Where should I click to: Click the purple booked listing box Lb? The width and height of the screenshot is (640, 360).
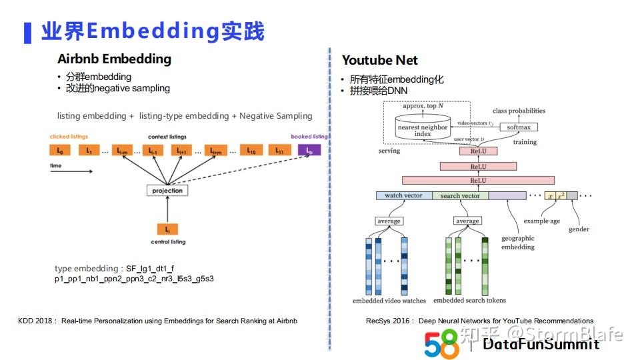coord(309,151)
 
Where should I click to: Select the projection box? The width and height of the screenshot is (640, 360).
coord(167,191)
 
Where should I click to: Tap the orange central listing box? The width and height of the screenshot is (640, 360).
coord(167,229)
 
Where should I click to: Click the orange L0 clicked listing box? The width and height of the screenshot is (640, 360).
coord(61,151)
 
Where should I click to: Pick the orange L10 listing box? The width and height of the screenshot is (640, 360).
coord(250,151)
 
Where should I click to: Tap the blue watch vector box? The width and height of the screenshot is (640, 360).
coord(403,195)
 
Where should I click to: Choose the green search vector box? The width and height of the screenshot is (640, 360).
coord(460,195)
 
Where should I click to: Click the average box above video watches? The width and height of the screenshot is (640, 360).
coord(389,221)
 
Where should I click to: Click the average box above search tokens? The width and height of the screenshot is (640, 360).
coord(467,221)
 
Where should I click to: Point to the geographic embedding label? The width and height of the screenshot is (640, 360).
coord(518,243)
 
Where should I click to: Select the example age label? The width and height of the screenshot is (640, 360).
coord(541,221)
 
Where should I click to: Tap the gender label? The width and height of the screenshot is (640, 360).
coord(579,229)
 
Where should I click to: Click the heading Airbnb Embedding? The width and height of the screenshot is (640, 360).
coord(114,59)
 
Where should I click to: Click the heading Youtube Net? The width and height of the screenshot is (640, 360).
coord(379,60)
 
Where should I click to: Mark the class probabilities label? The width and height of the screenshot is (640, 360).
coord(519,111)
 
